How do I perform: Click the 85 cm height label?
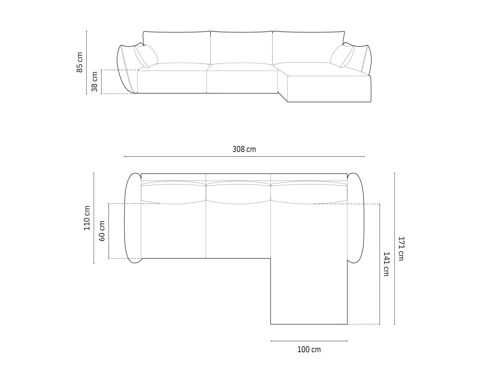(x=79, y=62)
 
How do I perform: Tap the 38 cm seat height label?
(x=94, y=81)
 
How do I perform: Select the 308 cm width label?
(x=244, y=149)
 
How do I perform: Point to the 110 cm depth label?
(x=87, y=218)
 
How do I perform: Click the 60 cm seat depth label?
(x=102, y=231)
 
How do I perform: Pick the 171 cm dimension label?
(x=401, y=248)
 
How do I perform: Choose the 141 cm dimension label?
(x=386, y=264)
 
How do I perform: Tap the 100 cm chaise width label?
(x=309, y=349)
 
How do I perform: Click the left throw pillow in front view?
(x=146, y=56)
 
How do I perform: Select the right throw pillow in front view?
(x=342, y=56)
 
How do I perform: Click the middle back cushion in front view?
(x=242, y=47)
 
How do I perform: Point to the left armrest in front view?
(x=127, y=68)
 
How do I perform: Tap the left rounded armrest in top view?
(x=133, y=218)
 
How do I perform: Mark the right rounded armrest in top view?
(x=356, y=218)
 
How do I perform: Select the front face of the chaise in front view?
(x=329, y=89)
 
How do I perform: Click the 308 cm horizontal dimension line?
(x=244, y=157)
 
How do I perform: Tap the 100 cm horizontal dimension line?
(x=309, y=341)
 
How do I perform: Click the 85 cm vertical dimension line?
(x=87, y=62)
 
